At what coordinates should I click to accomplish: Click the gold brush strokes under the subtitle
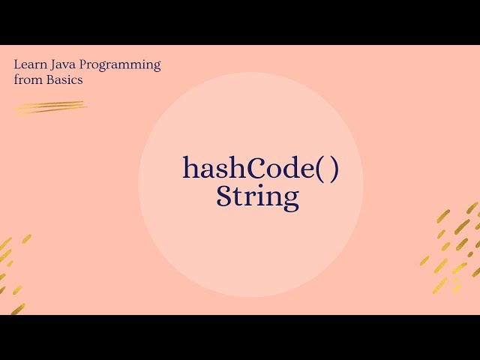pyautogui.click(x=50, y=107)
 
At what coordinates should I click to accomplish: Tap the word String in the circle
pyautogui.click(x=257, y=196)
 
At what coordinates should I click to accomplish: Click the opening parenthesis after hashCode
pyautogui.click(x=317, y=169)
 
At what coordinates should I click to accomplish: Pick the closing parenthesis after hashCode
pyautogui.click(x=334, y=169)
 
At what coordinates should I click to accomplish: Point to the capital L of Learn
pyautogui.click(x=17, y=64)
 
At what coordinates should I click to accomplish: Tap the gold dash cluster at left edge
pyautogui.click(x=12, y=270)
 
